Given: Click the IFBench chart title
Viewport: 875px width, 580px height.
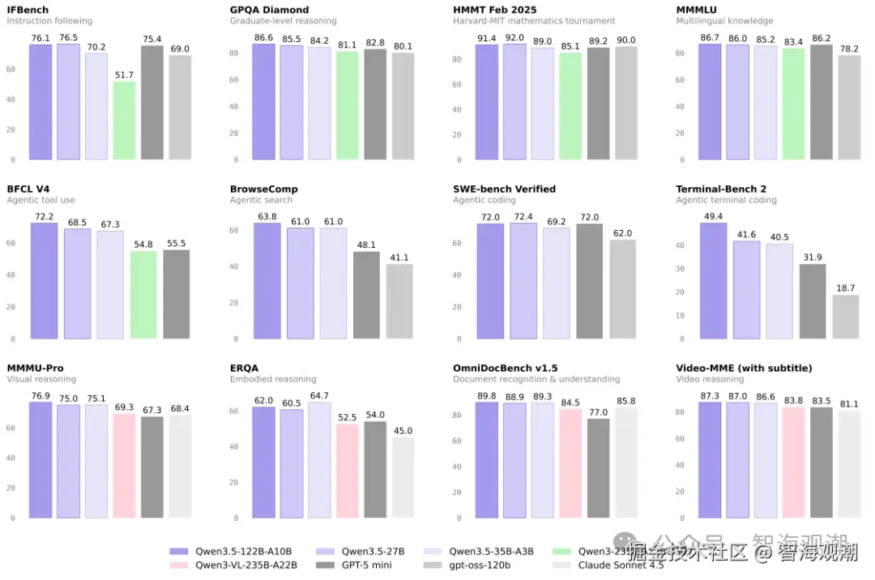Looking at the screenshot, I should coord(28,10).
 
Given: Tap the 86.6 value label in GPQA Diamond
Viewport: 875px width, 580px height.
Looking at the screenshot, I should coord(263,38).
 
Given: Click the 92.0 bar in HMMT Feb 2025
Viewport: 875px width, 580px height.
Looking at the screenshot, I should coord(514,101).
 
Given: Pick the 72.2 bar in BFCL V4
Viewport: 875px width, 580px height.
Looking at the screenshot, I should coord(44,280).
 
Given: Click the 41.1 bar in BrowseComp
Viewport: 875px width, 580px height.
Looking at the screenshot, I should coord(399,301).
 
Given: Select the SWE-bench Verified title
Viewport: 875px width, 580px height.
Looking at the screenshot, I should coord(504,189).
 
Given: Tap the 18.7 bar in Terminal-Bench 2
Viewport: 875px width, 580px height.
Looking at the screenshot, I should coord(845,317).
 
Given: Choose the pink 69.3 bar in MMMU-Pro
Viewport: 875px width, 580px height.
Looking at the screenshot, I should coord(124,466).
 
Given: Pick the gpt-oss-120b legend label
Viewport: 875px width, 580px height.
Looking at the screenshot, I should coord(483,565).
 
